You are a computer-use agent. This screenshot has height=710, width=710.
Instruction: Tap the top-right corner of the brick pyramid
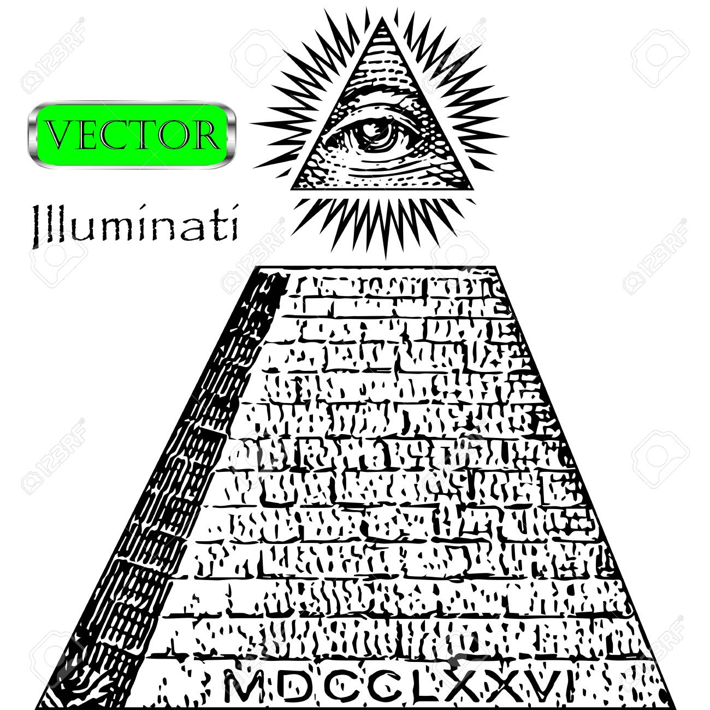tap(496, 266)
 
